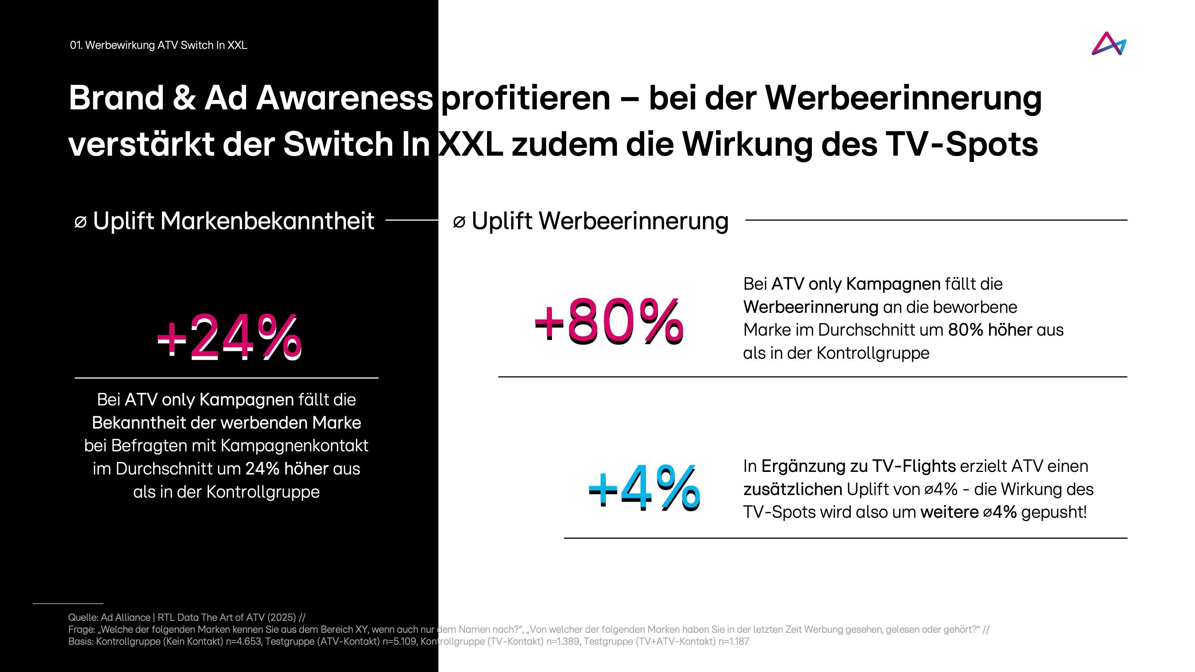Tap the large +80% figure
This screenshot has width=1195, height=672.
point(608,321)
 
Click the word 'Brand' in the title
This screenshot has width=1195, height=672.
point(116,98)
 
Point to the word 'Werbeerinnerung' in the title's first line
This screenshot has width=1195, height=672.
point(903,98)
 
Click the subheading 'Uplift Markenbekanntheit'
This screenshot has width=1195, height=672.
point(233,221)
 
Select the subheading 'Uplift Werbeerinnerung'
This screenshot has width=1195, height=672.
point(600,221)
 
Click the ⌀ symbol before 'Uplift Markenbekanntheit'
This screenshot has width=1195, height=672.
point(80,222)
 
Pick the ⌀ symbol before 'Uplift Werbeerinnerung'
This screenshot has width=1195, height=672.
point(459,222)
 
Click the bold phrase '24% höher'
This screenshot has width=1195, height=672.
point(287,469)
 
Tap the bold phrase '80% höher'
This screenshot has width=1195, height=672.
point(990,330)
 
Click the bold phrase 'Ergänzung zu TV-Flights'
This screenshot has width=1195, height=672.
point(858,466)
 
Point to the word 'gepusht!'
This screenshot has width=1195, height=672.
point(1053,513)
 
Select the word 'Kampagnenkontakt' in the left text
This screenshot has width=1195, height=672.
point(295,446)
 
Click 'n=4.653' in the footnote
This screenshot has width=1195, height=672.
point(243,642)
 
